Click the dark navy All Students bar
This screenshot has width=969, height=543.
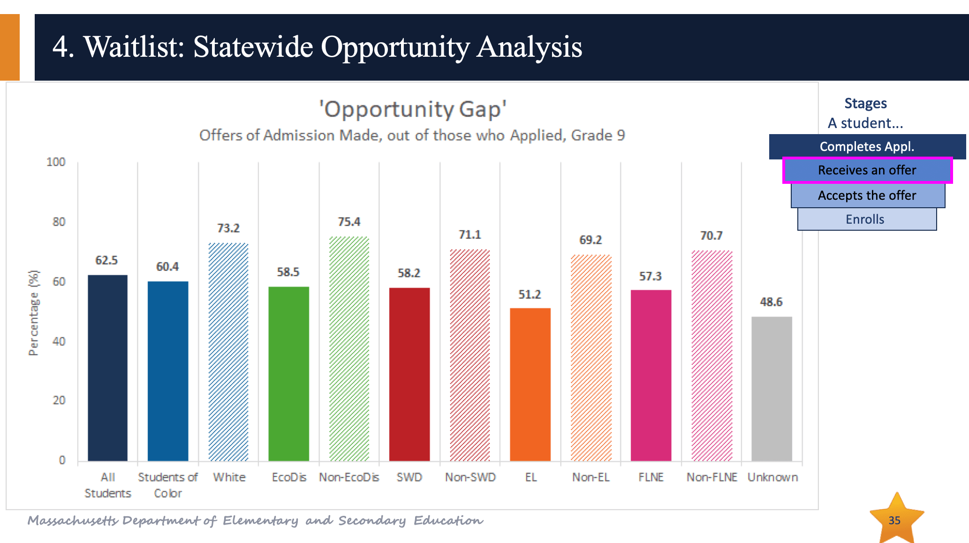click(107, 368)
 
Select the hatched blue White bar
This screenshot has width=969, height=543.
click(228, 352)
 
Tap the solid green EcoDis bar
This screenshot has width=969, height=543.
click(288, 374)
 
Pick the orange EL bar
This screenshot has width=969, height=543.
click(530, 385)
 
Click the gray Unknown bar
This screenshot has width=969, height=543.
click(772, 389)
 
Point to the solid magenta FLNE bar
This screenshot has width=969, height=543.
click(651, 376)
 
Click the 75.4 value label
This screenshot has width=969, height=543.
click(349, 222)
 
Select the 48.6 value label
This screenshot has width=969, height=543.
click(771, 302)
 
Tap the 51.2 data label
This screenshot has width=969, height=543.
click(530, 294)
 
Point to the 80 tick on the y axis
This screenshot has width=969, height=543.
click(59, 222)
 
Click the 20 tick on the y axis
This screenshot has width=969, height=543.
click(59, 400)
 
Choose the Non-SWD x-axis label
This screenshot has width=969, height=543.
click(470, 477)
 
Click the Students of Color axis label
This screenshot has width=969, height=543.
click(168, 485)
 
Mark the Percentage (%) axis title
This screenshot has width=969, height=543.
click(34, 313)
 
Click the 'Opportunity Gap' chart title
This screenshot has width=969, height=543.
click(413, 109)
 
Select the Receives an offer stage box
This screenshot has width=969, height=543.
click(867, 170)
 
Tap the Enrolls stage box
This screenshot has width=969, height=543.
click(867, 219)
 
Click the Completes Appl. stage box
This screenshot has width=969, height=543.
click(867, 147)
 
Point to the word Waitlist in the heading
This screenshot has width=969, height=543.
click(134, 47)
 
